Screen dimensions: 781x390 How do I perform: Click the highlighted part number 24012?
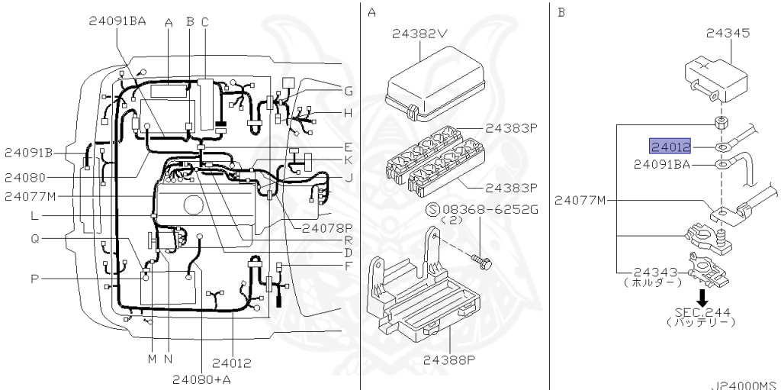(670, 147)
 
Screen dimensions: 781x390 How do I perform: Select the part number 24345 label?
(728, 34)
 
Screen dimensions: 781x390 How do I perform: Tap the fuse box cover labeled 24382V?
(435, 83)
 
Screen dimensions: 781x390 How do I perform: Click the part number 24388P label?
(446, 359)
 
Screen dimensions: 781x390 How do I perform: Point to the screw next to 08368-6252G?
(480, 260)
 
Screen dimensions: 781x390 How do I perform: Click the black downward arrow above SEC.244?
(702, 298)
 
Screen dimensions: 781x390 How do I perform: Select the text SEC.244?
(702, 313)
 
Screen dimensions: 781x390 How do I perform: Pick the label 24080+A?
(202, 379)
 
